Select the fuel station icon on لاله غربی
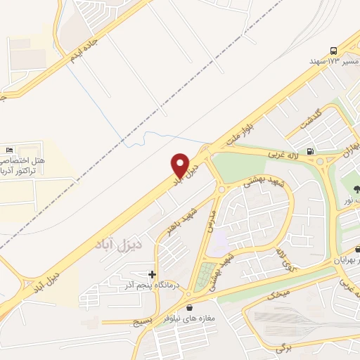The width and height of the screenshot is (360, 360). click(311, 150)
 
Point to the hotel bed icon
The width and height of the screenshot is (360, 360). click(9, 150)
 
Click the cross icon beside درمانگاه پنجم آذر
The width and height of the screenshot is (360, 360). click(153, 274)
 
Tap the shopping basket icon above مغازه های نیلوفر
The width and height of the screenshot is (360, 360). click(189, 307)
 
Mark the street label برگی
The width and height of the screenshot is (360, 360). click(283, 348)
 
